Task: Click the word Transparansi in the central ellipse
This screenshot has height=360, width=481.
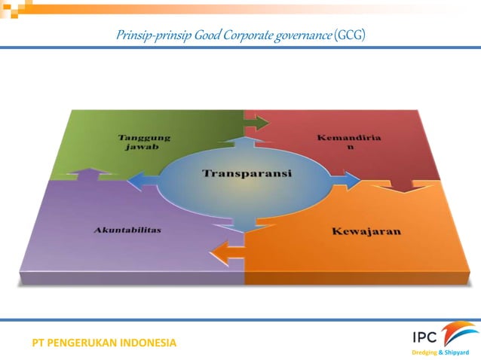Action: click(x=246, y=173)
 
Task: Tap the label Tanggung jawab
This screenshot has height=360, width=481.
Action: click(x=143, y=142)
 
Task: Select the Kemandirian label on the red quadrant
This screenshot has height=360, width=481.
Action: click(x=339, y=142)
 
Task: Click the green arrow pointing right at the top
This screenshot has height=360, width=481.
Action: click(x=256, y=122)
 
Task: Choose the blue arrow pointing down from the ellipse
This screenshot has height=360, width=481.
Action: click(x=244, y=221)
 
